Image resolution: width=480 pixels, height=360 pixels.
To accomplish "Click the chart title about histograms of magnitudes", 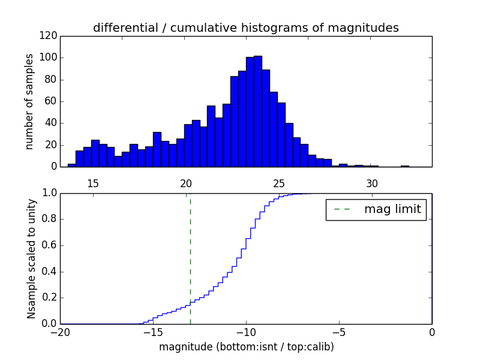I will pos(245,28).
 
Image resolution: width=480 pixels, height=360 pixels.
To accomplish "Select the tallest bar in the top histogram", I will pos(257,111).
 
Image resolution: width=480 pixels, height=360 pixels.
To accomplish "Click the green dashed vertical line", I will pos(190,258).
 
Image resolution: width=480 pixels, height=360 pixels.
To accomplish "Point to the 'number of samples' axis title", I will pos(29,101).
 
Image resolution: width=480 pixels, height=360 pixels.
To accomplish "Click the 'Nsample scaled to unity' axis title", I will pos(31,258).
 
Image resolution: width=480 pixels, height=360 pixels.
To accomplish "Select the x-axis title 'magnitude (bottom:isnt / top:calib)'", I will pos(246,347).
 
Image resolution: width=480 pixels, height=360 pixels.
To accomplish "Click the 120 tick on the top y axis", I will pos(50,36).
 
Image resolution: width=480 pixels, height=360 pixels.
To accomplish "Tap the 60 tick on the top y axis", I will pos(52,101).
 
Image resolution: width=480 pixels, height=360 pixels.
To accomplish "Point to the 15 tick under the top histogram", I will pos(93,183).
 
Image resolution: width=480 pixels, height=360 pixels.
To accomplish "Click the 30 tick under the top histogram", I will pos(372,183).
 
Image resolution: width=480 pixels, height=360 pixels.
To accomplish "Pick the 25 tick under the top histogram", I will pos(279,183).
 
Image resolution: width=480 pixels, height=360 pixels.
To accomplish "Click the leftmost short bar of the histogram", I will pos(71,165).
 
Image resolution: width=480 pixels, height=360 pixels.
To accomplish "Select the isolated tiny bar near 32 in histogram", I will pos(405,166).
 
